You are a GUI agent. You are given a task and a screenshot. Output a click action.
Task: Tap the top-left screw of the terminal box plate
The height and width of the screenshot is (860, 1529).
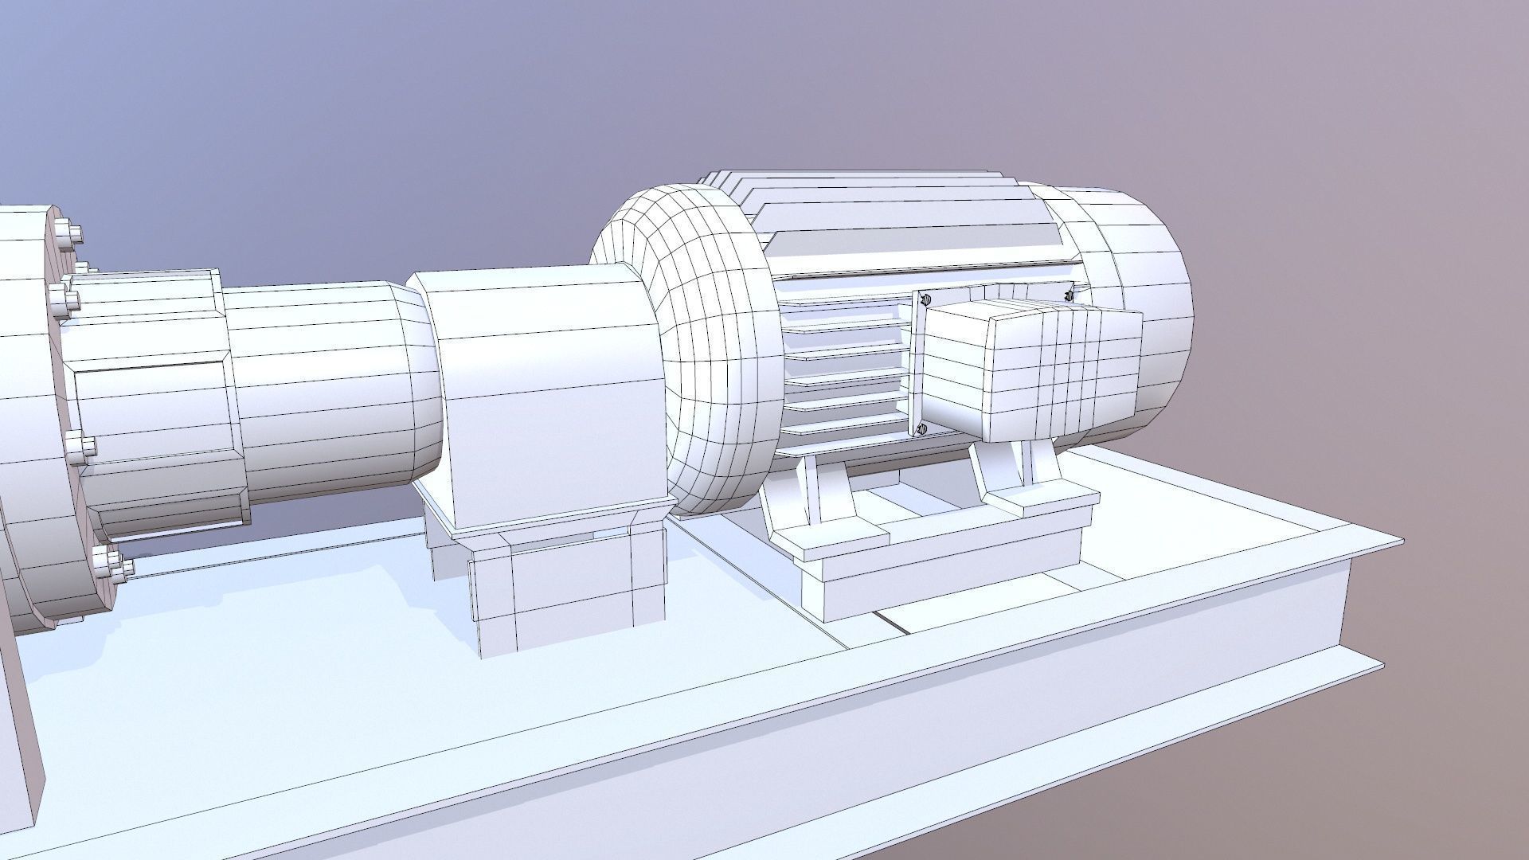(x=925, y=300)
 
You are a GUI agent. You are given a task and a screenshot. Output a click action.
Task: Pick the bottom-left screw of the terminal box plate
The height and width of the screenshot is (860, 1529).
(x=921, y=431)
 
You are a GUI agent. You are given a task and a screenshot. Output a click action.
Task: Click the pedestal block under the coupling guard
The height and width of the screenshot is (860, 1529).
(x=557, y=589)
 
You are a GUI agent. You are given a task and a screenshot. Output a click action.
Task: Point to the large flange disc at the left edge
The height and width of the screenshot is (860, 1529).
(x=32, y=414)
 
